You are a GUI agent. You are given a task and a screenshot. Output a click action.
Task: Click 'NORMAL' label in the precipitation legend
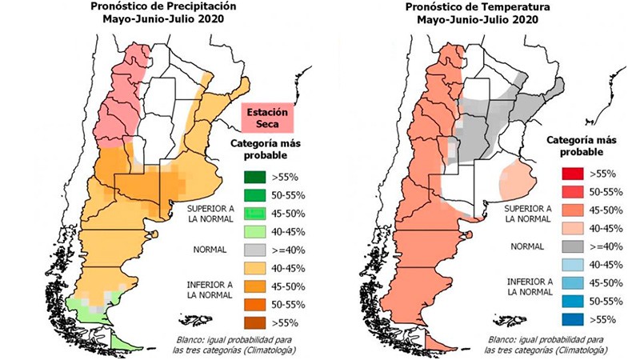coord(210,249)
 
